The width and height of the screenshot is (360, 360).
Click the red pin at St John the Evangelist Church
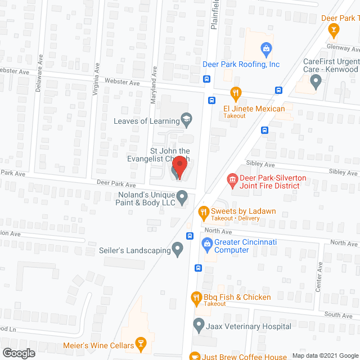pos(179,166)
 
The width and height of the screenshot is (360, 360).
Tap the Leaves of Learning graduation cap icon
pos(186,119)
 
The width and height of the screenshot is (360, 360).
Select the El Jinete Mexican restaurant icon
pos(236,93)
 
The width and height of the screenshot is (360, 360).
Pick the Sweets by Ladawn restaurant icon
pos(203,211)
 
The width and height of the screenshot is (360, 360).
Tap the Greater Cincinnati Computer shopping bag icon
pos(206,244)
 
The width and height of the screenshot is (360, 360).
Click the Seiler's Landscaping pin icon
pos(178,248)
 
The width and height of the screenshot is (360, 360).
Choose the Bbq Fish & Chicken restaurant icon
pos(196,298)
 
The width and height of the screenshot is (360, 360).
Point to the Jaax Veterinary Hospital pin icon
pos(198,325)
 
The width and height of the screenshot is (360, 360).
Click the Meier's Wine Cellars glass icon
pos(142,344)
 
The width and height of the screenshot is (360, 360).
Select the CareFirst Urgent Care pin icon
pos(316,83)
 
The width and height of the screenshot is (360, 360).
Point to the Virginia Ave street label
pos(97,74)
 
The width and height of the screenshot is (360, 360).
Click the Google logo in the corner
pos(18,353)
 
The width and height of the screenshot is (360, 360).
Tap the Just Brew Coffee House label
pos(245,355)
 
